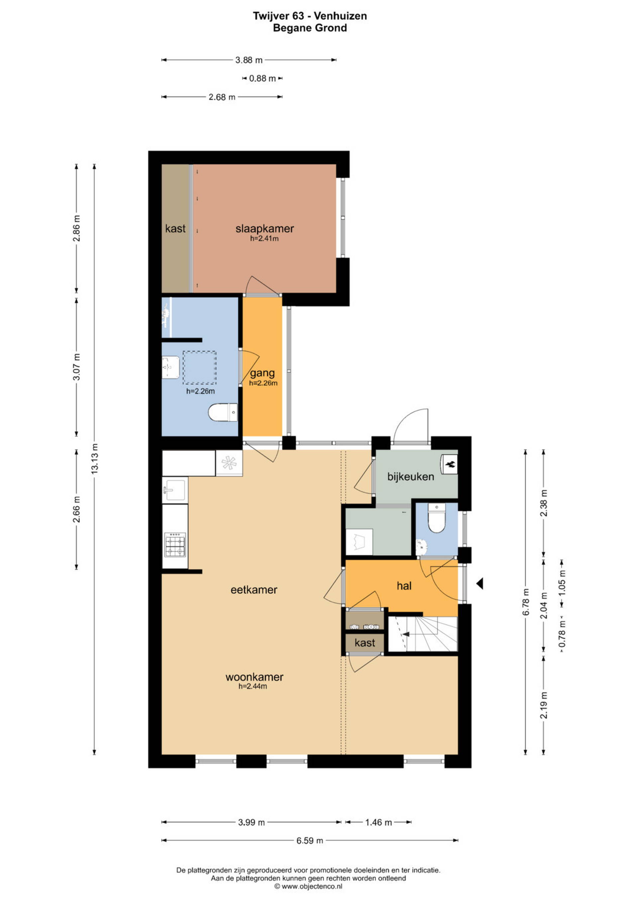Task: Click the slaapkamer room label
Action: point(265,229)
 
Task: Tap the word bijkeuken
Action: point(410,477)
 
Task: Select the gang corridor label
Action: point(263,373)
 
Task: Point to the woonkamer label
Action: point(254,677)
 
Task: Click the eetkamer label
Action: point(254,589)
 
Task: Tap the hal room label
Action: point(404,586)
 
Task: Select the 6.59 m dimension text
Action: point(310,840)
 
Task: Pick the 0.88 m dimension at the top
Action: point(263,78)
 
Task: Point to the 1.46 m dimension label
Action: point(379,822)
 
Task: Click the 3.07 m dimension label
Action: point(77,367)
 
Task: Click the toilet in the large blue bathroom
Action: point(223,412)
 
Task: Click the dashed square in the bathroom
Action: point(200,368)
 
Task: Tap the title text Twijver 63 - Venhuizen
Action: point(310,16)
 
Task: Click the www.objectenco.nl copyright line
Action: point(308,886)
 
